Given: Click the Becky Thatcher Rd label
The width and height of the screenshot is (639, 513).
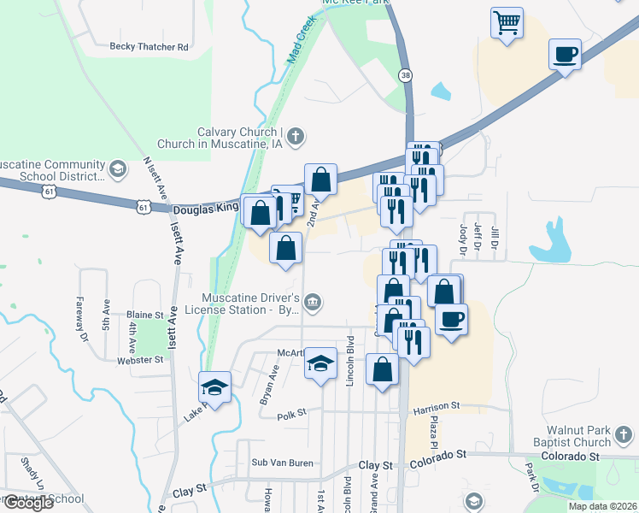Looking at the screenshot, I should [x=149, y=47].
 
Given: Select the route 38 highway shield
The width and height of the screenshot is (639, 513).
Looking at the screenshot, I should [x=405, y=75].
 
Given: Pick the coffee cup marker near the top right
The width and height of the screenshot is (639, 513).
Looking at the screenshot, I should [x=565, y=54].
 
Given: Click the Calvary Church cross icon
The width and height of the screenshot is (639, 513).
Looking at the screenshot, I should [x=296, y=135].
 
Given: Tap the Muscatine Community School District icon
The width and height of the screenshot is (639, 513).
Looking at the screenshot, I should [x=118, y=169].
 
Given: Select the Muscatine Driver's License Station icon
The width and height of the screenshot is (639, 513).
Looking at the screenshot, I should [x=314, y=301].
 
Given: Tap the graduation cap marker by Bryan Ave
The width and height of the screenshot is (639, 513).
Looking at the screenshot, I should [x=215, y=386].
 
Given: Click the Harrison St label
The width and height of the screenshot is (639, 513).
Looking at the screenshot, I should [x=437, y=406].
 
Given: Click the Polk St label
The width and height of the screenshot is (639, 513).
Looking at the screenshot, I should [x=290, y=416].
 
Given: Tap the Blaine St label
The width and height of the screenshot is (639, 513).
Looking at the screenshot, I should [x=144, y=315].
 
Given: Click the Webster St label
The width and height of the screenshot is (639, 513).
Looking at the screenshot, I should [x=142, y=360].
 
